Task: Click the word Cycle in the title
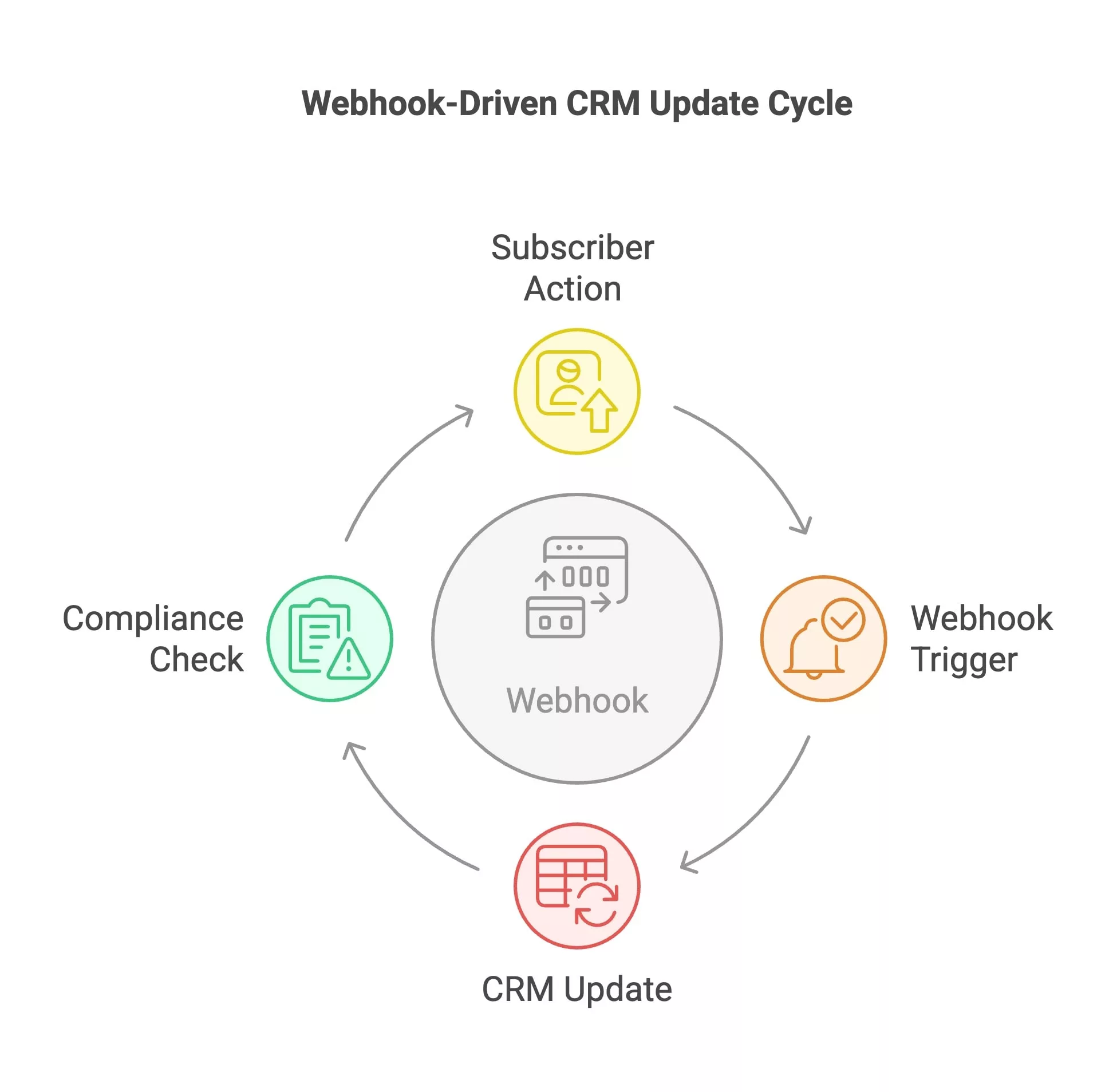tap(809, 104)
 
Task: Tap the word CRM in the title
tap(602, 103)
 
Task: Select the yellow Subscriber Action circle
tap(577, 391)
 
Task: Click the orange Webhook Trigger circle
tap(823, 638)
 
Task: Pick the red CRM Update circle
tap(577, 885)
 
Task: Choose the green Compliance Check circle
tap(329, 638)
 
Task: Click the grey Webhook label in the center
tap(577, 701)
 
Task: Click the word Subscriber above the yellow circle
tap(573, 248)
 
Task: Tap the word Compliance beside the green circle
tap(153, 619)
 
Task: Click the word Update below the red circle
tap(617, 990)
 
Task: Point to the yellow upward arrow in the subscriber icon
tap(599, 410)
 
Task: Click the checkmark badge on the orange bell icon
tap(843, 619)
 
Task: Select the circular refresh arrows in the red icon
tap(597, 904)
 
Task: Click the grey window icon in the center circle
tap(577, 587)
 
